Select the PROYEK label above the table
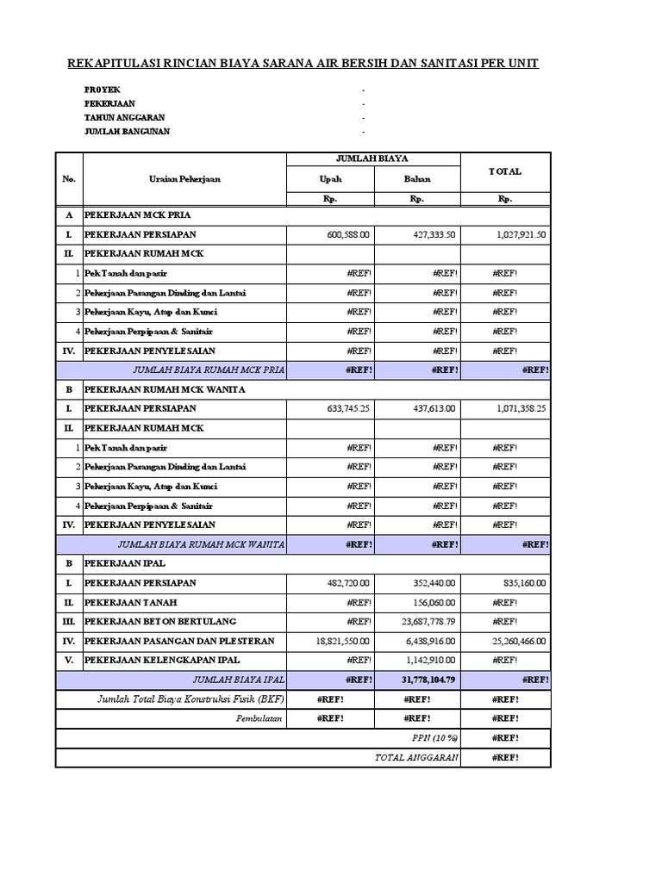pyautogui.click(x=103, y=90)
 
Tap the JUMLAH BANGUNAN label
pyautogui.click(x=127, y=131)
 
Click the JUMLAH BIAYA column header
pyautogui.click(x=372, y=159)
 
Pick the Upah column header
pyautogui.click(x=330, y=179)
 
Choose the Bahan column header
pyautogui.click(x=416, y=179)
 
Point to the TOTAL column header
pyautogui.click(x=505, y=171)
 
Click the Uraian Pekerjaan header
pyautogui.click(x=184, y=179)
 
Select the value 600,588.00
pyautogui.click(x=343, y=234)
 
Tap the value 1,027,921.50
pyautogui.click(x=517, y=234)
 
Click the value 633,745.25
pyautogui.click(x=343, y=408)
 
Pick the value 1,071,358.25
pyautogui.click(x=517, y=408)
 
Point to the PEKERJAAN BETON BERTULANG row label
pyautogui.click(x=159, y=621)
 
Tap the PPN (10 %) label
pyautogui.click(x=434, y=738)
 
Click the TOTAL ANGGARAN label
pyautogui.click(x=415, y=757)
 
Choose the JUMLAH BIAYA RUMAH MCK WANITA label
pyautogui.click(x=201, y=543)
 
